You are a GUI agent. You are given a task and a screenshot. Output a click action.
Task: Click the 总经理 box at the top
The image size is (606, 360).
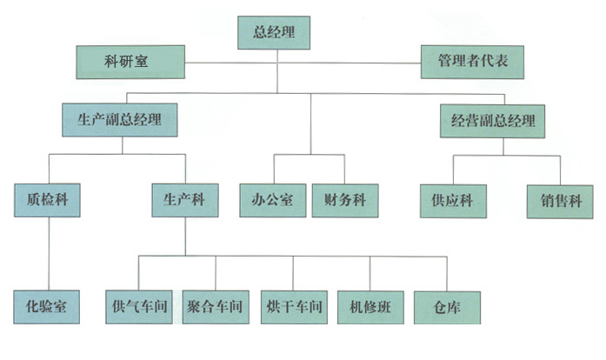[273, 32]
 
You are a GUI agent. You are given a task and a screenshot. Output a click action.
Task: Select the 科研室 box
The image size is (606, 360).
[130, 63]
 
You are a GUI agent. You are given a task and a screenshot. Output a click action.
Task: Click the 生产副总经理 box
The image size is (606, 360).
[120, 120]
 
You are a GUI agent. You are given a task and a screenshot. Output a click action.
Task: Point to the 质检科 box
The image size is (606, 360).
[48, 200]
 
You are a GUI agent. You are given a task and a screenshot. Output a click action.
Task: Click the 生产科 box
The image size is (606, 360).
[183, 200]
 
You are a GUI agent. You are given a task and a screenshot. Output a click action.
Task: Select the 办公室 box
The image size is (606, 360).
[271, 200]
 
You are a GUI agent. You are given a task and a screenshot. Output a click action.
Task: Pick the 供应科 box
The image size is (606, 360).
[451, 200]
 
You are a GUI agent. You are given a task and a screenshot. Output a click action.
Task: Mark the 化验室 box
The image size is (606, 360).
[48, 306]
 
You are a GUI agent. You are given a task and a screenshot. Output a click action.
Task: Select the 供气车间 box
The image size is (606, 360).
[139, 306]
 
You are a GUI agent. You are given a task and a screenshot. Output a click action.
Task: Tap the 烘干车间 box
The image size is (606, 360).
[293, 306]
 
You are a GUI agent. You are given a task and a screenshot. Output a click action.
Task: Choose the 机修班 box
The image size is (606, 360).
[370, 306]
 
